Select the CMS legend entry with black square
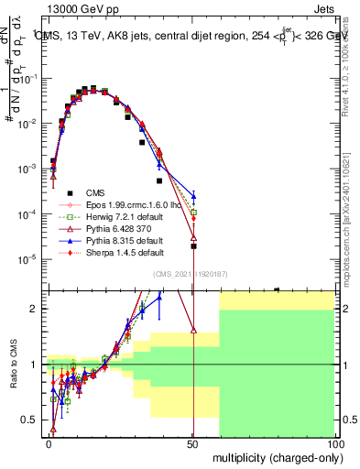(x=95, y=192)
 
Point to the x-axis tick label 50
(x=192, y=442)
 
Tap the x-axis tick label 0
(x=49, y=442)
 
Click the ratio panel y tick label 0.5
(x=29, y=420)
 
